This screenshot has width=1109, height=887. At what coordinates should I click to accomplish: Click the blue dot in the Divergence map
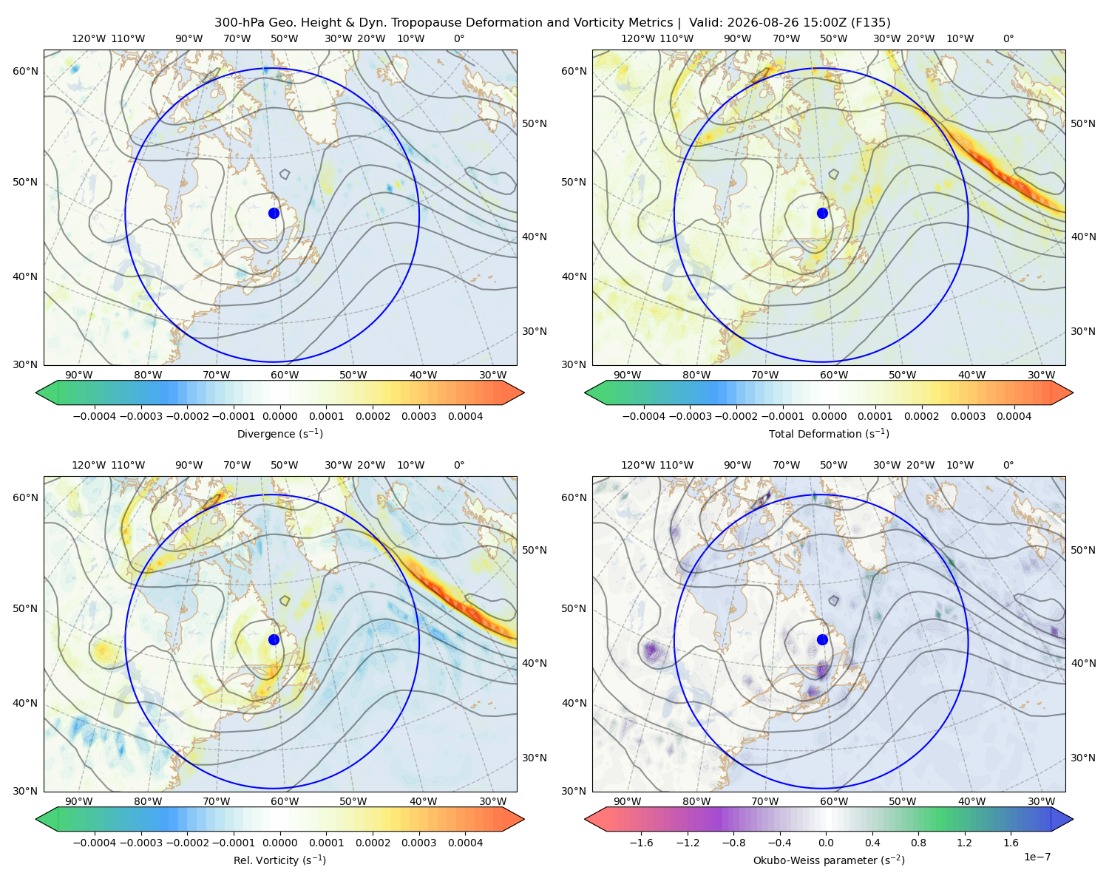click(274, 213)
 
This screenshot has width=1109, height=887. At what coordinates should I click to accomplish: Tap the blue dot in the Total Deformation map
click(822, 213)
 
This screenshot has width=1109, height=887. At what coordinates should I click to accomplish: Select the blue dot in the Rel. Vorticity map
click(274, 639)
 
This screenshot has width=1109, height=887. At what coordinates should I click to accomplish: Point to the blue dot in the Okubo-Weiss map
click(822, 639)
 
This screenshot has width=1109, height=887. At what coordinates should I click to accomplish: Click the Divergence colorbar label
click(279, 433)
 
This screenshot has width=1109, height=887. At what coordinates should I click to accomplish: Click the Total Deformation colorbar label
click(829, 433)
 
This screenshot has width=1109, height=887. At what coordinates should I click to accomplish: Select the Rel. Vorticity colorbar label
click(279, 860)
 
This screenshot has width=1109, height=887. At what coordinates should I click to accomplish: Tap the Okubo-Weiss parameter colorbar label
click(829, 860)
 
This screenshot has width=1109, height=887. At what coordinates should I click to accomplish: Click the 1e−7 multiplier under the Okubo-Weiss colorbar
click(1037, 857)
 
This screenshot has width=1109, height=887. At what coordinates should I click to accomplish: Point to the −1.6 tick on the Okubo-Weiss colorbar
click(641, 842)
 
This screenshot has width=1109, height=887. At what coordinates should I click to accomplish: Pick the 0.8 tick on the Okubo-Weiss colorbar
click(918, 842)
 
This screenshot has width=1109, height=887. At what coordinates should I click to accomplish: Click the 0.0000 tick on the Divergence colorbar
click(279, 416)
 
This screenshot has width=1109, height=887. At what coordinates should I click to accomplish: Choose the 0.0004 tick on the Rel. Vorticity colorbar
click(465, 842)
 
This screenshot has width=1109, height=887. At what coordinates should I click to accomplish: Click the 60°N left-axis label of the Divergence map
click(25, 71)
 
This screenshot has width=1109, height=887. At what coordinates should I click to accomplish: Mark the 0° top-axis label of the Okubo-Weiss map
click(1008, 464)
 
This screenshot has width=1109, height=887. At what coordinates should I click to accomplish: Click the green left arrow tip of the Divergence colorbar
click(36, 392)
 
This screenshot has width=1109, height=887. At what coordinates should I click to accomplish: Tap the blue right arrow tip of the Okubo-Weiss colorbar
click(1073, 818)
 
